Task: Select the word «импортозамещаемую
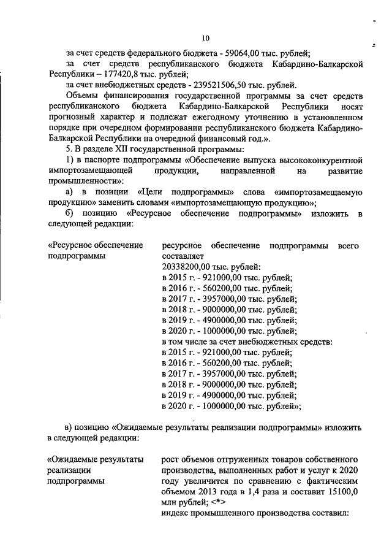click(319, 192)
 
